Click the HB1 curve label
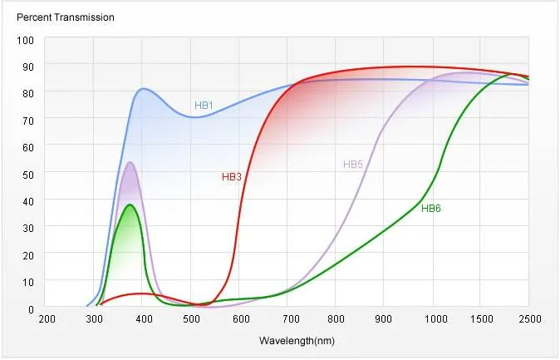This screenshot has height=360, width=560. (204, 106)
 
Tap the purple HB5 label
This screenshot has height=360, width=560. (353, 165)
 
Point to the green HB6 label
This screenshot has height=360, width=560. (430, 208)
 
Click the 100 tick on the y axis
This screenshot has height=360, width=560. (25, 40)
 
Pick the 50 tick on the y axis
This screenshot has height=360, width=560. (27, 175)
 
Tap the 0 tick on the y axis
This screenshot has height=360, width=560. (30, 309)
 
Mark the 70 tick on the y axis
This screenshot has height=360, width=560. (27, 121)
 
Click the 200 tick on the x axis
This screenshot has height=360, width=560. (47, 320)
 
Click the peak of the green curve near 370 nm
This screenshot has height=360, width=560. (130, 205)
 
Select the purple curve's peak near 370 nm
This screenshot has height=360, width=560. (130, 162)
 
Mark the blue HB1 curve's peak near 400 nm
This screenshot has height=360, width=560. (144, 88)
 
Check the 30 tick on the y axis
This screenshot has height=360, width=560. (27, 229)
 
